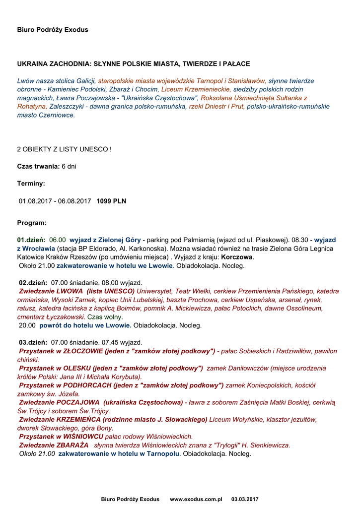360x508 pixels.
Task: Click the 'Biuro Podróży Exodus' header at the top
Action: click(x=53, y=30)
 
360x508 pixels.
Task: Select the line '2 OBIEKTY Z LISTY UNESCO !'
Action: click(x=65, y=149)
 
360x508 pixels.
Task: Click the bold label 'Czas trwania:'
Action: click(x=38, y=166)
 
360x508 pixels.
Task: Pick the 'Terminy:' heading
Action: click(x=31, y=184)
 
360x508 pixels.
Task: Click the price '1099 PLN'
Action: click(x=111, y=201)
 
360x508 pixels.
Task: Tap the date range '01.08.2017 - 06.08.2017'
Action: click(x=55, y=201)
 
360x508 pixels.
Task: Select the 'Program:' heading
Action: click(x=32, y=223)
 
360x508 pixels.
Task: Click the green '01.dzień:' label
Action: click(x=31, y=240)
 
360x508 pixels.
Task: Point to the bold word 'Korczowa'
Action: click(x=237, y=257)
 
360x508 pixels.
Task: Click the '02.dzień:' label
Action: click(x=33, y=282)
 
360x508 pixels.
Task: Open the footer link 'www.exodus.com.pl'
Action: click(x=196, y=499)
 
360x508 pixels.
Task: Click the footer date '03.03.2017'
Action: click(x=245, y=499)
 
